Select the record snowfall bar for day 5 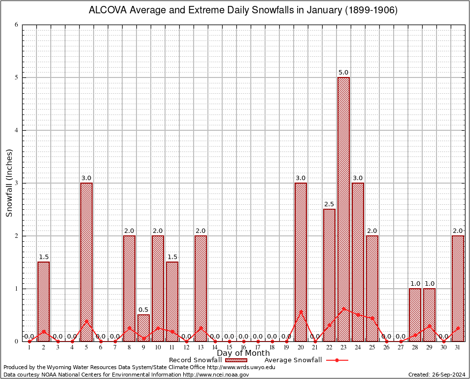click(x=86, y=262)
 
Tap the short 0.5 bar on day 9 click(x=143, y=328)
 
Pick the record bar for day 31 click(x=458, y=288)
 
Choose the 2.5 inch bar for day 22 click(x=329, y=275)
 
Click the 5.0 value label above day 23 click(x=343, y=73)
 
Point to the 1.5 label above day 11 click(x=172, y=257)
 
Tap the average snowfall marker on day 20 click(x=301, y=312)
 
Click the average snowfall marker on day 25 click(x=372, y=318)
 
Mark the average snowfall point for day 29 click(x=430, y=326)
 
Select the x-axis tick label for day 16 click(x=243, y=347)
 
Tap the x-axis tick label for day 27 click(x=401, y=347)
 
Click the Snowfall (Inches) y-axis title click(x=9, y=183)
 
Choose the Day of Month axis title click(x=243, y=353)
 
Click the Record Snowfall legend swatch click(x=234, y=360)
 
